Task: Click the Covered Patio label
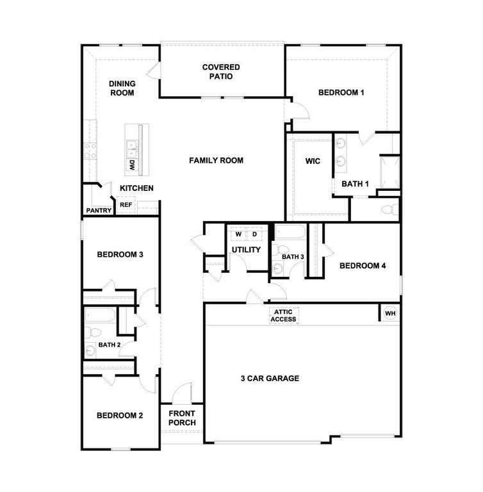click(x=221, y=71)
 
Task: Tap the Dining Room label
click(x=121, y=88)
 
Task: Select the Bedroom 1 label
click(x=341, y=92)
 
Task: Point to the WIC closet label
click(x=313, y=161)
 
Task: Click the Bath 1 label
click(x=355, y=184)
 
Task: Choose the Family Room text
click(x=216, y=160)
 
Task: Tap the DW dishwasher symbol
click(x=131, y=165)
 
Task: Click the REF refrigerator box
click(x=126, y=205)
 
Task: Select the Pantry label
click(x=99, y=210)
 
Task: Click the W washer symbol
click(x=238, y=234)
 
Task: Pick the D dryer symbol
click(x=254, y=234)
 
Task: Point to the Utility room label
click(x=246, y=249)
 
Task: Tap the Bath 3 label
click(x=293, y=257)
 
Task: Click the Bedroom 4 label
click(x=362, y=266)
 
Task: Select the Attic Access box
click(x=283, y=315)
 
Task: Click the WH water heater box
click(x=389, y=313)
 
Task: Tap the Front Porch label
click(x=182, y=418)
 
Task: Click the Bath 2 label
click(x=110, y=345)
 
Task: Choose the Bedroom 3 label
click(x=120, y=254)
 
